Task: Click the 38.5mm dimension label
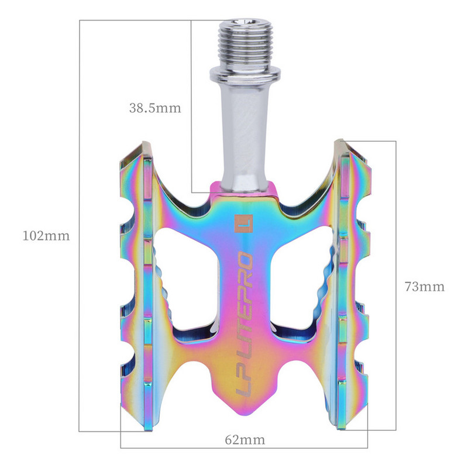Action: click(x=154, y=108)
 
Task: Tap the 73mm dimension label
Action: click(x=424, y=287)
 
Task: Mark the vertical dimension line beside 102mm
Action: click(x=80, y=322)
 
